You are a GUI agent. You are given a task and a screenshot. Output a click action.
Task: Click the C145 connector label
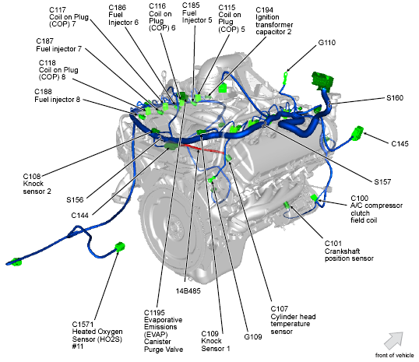tap(400, 144)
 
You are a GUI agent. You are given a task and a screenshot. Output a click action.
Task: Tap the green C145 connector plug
tap(357, 132)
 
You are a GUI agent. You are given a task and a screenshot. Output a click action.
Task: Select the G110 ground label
tap(327, 43)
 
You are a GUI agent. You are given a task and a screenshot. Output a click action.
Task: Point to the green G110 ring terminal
tap(285, 76)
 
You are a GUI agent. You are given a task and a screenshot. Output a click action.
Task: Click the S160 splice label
tap(395, 98)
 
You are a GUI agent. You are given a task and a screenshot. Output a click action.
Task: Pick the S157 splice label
tap(382, 182)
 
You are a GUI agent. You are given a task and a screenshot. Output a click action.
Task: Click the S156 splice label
tap(75, 199)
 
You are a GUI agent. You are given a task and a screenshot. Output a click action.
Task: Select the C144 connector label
tap(79, 216)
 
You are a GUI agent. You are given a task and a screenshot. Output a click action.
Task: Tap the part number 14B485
tap(188, 290)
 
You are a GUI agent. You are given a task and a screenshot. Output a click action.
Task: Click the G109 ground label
tap(253, 336)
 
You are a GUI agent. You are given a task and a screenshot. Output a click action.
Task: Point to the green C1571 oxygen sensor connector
tap(120, 246)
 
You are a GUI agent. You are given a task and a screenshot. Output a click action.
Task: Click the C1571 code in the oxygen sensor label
tap(83, 325)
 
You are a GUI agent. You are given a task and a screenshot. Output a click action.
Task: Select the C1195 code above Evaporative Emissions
tap(154, 313)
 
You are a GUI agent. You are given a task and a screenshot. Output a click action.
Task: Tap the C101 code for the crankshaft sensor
tap(333, 244)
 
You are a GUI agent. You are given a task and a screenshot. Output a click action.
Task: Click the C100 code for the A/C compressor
tap(359, 199)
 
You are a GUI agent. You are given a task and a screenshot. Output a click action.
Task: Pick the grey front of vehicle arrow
tap(394, 340)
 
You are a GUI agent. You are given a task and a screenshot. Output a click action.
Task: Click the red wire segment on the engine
tap(202, 149)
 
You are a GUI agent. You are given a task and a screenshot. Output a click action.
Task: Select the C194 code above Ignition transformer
tap(264, 10)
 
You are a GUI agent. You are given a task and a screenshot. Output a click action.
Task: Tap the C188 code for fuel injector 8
tap(43, 92)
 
